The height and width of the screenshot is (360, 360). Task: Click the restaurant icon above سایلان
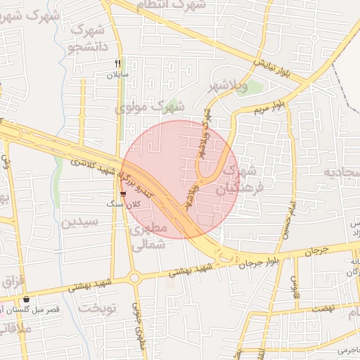click(118, 62)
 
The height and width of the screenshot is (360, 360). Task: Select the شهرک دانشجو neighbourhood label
click(88, 39)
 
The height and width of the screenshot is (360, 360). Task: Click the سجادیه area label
click(342, 172)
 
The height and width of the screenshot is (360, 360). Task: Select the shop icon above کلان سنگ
click(124, 193)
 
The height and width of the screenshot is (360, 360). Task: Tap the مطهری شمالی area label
click(149, 236)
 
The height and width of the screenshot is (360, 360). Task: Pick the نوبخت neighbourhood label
click(96, 308)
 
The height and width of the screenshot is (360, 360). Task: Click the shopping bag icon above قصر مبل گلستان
click(26, 300)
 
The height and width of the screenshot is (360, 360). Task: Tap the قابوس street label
click(296, 283)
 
